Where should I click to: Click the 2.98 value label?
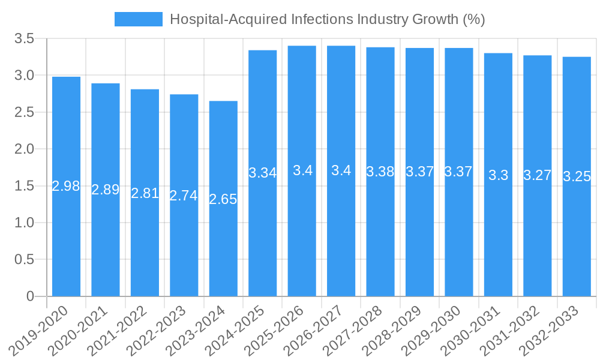(66, 186)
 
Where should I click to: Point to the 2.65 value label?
(223, 199)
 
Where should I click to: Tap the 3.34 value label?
(263, 173)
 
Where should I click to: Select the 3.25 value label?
(577, 176)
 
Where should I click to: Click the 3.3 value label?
(498, 175)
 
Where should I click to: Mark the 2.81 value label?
(145, 193)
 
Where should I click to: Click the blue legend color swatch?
(139, 19)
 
